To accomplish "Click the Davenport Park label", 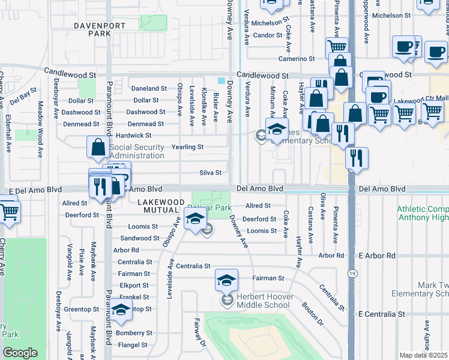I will [100, 30].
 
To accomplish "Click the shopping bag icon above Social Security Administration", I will [98, 146].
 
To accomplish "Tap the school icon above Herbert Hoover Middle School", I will [226, 280].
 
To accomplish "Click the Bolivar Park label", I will [209, 208].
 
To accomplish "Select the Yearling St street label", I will [188, 147].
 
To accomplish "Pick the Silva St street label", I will [210, 173].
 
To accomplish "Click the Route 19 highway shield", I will [351, 273].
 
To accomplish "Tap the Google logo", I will [20, 353].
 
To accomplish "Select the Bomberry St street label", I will [133, 333].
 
